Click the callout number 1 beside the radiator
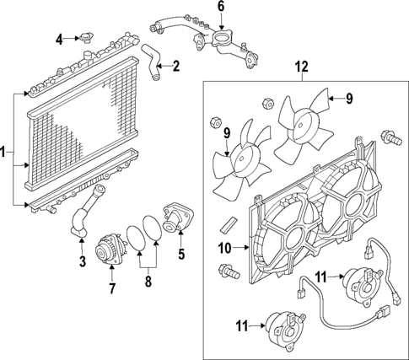click(x=6, y=153)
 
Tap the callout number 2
click(x=175, y=65)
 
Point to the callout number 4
click(x=59, y=39)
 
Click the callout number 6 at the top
click(x=221, y=8)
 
